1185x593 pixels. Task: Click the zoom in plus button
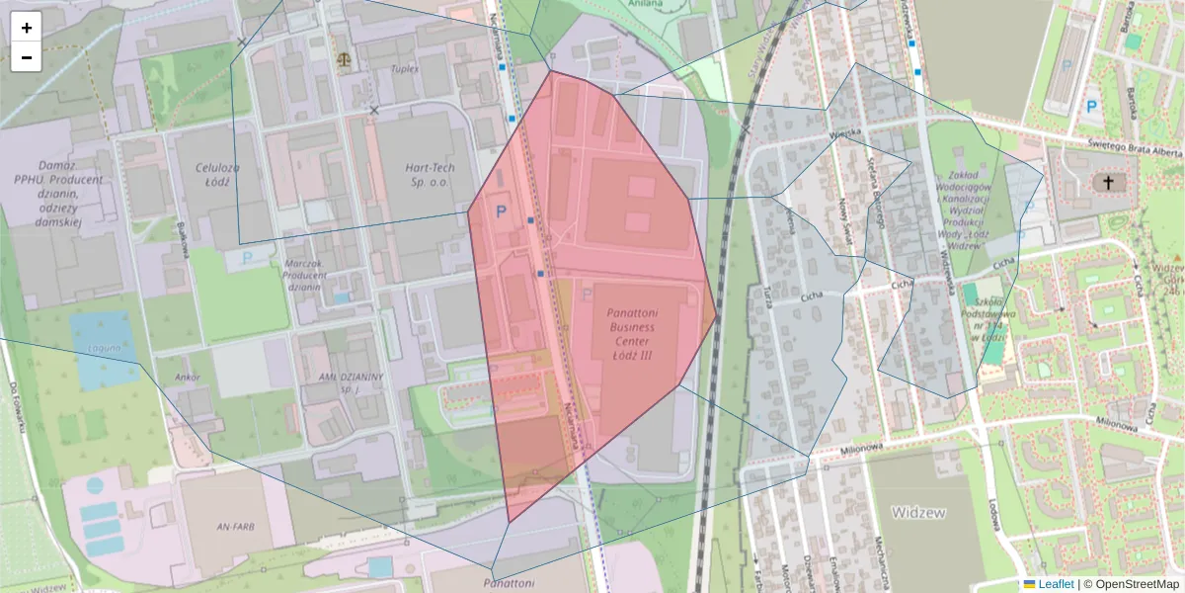click(27, 28)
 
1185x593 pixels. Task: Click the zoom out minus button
click(27, 57)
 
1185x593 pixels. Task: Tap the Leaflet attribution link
click(1055, 584)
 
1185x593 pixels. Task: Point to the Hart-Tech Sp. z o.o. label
click(429, 175)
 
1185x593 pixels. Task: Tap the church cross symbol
click(1108, 182)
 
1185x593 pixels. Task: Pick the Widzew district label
click(918, 512)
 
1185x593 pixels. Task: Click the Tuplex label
click(405, 69)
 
